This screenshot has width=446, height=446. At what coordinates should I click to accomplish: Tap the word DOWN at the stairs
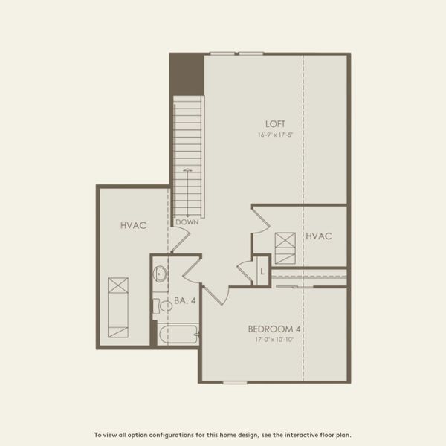coord(186,222)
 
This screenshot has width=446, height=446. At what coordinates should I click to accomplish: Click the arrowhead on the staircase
coord(187,171)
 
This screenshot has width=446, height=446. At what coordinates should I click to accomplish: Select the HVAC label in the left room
coord(132,224)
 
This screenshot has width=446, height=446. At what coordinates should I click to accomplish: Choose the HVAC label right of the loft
coord(318,236)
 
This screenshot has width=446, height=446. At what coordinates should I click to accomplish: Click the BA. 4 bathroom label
coord(184,301)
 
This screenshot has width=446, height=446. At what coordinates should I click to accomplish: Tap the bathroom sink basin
coord(161,274)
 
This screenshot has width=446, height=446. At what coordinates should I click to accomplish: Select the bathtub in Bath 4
coord(177,334)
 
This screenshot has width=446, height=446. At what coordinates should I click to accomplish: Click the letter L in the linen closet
coord(262,271)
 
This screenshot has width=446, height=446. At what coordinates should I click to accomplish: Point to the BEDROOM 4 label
coord(279,329)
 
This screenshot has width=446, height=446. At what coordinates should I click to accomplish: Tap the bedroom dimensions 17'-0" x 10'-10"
coord(279,340)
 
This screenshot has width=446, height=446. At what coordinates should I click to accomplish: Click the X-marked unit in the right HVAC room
coord(285,247)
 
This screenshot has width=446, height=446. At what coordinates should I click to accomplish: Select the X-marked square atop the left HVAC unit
coord(117,286)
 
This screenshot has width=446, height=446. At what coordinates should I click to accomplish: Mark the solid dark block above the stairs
coord(186,74)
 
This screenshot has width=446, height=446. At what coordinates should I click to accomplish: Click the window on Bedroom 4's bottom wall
coord(235,383)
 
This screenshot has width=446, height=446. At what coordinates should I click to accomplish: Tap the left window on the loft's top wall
coord(223,54)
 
